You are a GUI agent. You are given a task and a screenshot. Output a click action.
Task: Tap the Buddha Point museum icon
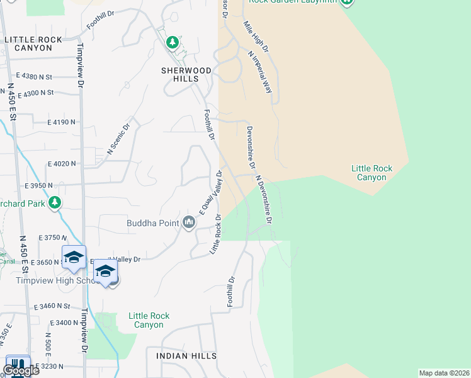(x=189, y=222)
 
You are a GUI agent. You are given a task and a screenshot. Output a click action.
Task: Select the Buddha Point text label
(x=152, y=222)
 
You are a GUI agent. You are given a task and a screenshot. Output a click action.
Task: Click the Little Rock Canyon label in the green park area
(x=372, y=173)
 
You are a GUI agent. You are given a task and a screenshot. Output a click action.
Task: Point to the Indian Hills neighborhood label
(x=186, y=356)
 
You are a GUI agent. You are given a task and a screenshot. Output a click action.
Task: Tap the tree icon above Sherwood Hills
(x=172, y=42)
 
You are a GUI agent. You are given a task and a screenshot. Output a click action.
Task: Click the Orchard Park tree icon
(x=55, y=202)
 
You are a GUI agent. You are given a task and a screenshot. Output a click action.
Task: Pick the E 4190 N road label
(x=62, y=122)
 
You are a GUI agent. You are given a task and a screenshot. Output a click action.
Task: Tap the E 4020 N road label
(x=61, y=163)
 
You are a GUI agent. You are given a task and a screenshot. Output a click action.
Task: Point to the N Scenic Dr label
(x=118, y=138)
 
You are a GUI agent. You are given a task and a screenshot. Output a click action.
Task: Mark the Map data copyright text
(x=444, y=373)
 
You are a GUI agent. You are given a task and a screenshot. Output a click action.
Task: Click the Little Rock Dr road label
(x=215, y=234)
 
